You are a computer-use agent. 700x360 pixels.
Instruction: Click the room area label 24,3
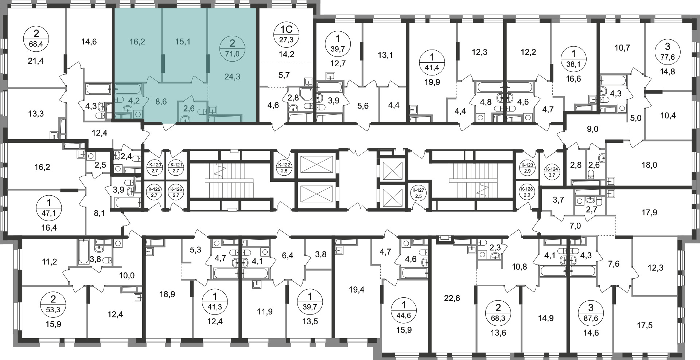232,77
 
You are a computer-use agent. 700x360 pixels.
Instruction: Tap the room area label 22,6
452,299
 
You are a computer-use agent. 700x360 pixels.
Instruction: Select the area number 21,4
36,61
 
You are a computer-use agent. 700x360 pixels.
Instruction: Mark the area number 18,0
649,165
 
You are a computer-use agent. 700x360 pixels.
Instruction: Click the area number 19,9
432,82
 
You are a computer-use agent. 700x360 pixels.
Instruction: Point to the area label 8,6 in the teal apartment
161,102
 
